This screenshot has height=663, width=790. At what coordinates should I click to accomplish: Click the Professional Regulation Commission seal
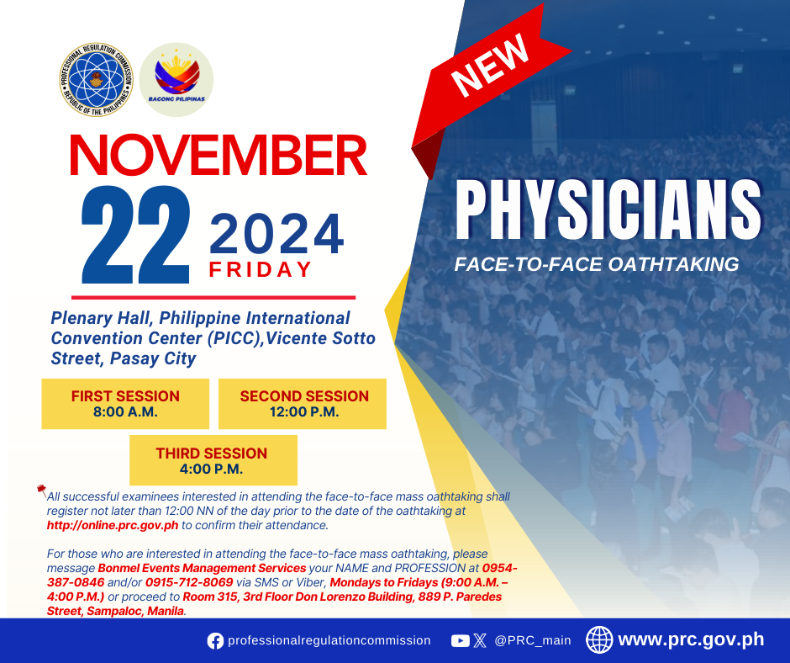(x=96, y=80)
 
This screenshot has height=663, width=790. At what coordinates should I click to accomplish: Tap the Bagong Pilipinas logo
(x=176, y=80)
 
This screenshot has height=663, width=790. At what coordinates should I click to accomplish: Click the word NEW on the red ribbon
(x=490, y=66)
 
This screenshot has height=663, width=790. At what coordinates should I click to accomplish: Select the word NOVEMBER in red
(x=219, y=155)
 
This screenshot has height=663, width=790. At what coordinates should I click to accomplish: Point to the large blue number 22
(x=135, y=234)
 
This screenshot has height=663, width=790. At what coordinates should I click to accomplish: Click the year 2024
(x=276, y=234)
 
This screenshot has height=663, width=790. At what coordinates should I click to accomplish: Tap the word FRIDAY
(x=261, y=269)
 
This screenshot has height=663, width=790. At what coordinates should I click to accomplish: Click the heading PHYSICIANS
(x=608, y=210)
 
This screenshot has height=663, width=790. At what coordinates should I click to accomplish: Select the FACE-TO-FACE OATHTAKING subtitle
(x=597, y=264)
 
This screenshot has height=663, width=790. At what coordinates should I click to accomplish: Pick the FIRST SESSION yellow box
(x=125, y=404)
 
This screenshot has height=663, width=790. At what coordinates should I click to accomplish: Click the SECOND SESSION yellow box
(x=303, y=404)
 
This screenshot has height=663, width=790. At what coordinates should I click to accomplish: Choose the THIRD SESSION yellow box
(x=213, y=460)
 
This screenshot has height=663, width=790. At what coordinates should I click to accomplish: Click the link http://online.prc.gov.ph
(x=113, y=525)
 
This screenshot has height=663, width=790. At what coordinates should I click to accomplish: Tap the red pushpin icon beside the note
(x=41, y=490)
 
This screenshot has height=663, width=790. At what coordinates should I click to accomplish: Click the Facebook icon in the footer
(x=215, y=641)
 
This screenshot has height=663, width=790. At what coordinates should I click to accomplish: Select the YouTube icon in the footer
(x=460, y=641)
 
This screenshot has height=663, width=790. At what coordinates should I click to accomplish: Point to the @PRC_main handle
(x=533, y=640)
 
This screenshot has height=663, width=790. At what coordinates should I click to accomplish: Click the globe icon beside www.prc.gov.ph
(x=599, y=639)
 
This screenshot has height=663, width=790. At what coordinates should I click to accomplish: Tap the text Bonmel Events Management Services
(x=202, y=568)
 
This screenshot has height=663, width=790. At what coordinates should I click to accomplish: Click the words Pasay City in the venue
(x=153, y=358)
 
